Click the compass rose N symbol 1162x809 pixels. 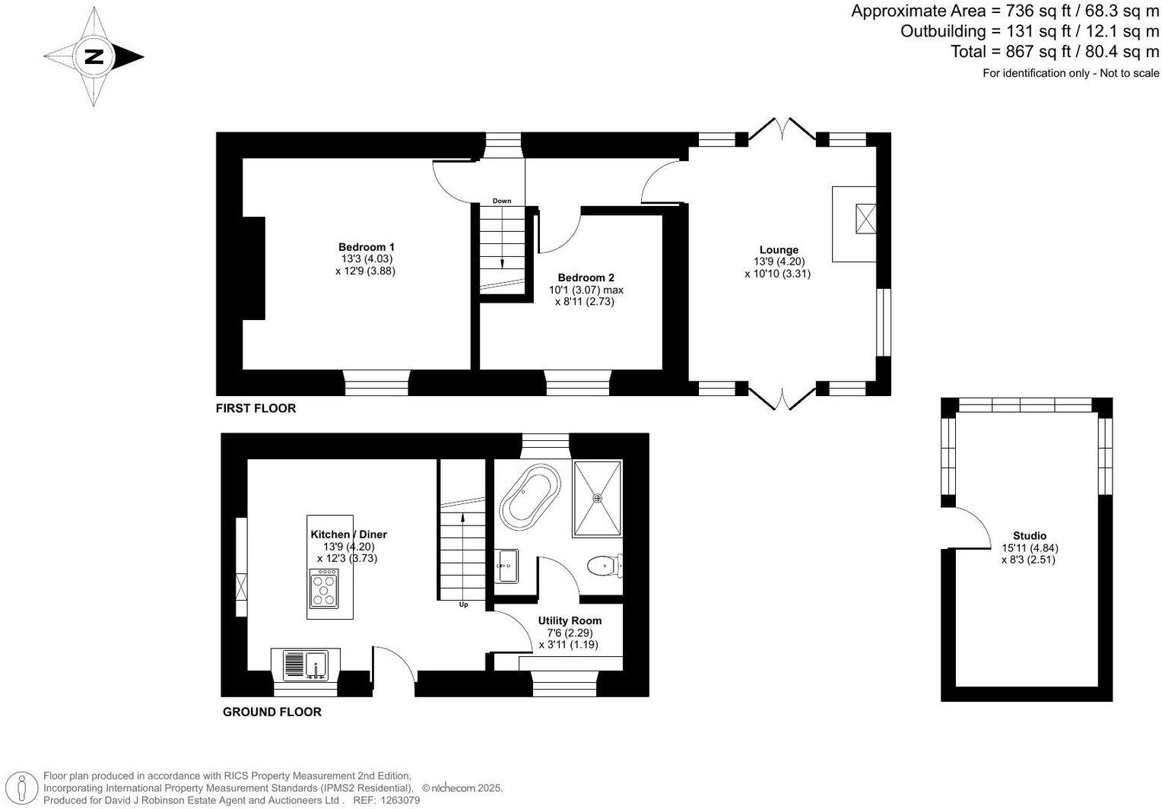click(x=94, y=56)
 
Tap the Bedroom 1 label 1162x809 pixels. click(x=366, y=247)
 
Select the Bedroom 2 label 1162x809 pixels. click(x=586, y=278)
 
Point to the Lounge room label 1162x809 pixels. click(x=779, y=250)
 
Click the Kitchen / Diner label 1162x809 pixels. click(x=349, y=535)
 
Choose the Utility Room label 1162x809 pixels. click(x=570, y=621)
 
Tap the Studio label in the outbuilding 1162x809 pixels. click(x=1030, y=536)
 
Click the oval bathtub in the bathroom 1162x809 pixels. click(x=529, y=494)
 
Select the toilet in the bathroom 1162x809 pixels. click(x=602, y=566)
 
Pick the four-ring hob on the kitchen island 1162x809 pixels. click(x=325, y=590)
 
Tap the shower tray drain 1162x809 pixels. click(x=598, y=499)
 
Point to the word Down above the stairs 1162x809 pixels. click(x=502, y=201)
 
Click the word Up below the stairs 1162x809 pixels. click(x=463, y=605)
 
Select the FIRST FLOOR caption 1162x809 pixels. click(x=256, y=408)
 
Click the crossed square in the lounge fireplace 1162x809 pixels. click(x=865, y=220)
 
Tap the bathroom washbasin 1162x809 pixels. click(x=506, y=566)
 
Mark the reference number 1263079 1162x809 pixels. click(x=400, y=800)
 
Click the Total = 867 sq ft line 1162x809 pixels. click(x=1054, y=52)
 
